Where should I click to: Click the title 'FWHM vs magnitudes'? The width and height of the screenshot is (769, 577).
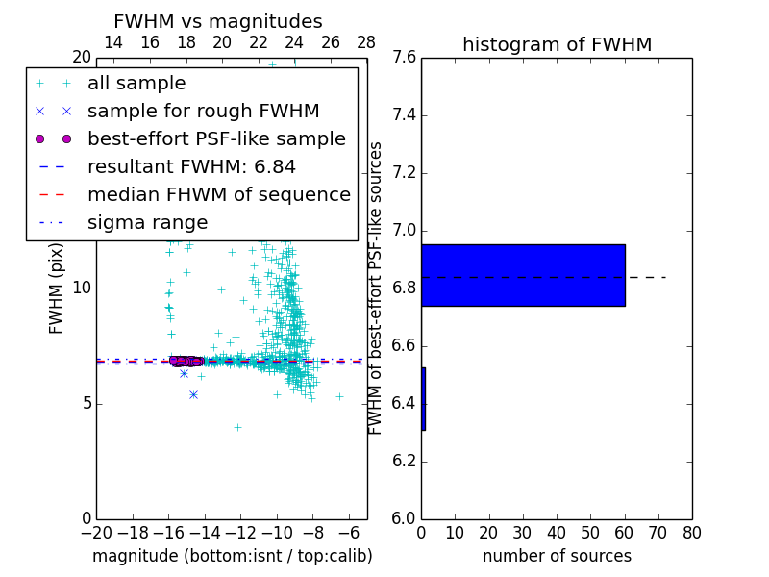pyautogui.click(x=217, y=22)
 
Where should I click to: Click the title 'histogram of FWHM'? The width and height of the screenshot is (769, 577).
pyautogui.click(x=557, y=44)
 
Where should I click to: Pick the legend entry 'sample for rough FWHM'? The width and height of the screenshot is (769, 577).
pyautogui.click(x=203, y=112)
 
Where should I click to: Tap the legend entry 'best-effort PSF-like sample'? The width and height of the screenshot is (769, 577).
pyautogui.click(x=216, y=139)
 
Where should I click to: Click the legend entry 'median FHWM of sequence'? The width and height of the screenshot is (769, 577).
pyautogui.click(x=218, y=195)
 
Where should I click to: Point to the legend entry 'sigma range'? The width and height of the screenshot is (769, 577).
pyautogui.click(x=147, y=223)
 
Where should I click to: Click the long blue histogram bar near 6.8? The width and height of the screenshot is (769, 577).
pyautogui.click(x=523, y=275)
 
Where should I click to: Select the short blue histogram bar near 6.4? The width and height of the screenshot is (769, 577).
pyautogui.click(x=423, y=398)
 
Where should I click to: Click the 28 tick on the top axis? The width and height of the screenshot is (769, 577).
pyautogui.click(x=366, y=42)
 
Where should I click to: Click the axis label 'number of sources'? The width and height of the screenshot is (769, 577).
pyautogui.click(x=557, y=556)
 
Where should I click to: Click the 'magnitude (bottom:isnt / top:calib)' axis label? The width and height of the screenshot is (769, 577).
pyautogui.click(x=232, y=556)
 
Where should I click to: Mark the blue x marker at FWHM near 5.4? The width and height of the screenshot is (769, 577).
pyautogui.click(x=193, y=394)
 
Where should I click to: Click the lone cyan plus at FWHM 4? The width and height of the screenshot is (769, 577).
pyautogui.click(x=237, y=427)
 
